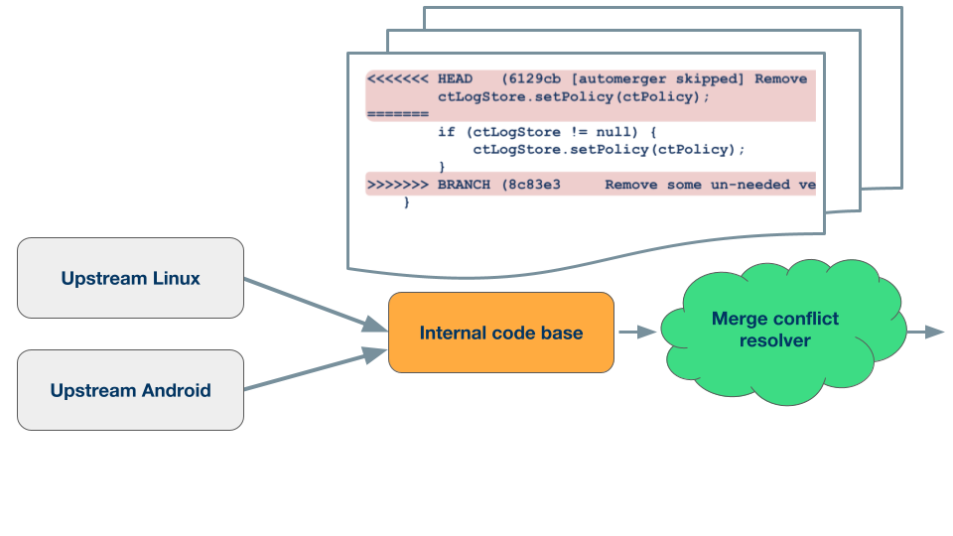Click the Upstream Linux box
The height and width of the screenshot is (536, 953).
[130, 278]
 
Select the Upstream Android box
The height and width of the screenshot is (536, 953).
[130, 390]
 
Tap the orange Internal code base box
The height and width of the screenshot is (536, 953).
[500, 333]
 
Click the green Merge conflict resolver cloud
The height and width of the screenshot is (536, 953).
[783, 332]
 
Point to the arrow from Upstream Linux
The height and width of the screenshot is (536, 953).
[316, 305]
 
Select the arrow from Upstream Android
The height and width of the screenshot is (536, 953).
[316, 369]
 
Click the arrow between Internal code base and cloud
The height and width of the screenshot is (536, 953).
[637, 332]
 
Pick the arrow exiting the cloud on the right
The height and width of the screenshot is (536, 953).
[925, 332]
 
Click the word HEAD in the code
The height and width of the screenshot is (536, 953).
[455, 79]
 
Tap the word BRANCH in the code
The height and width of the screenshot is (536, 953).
[464, 185]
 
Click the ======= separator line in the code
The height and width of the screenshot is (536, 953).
[398, 114]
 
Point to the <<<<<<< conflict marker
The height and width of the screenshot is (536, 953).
[398, 79]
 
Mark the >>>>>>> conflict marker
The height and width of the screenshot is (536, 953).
[398, 185]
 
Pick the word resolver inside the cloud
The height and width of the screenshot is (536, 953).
[775, 340]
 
